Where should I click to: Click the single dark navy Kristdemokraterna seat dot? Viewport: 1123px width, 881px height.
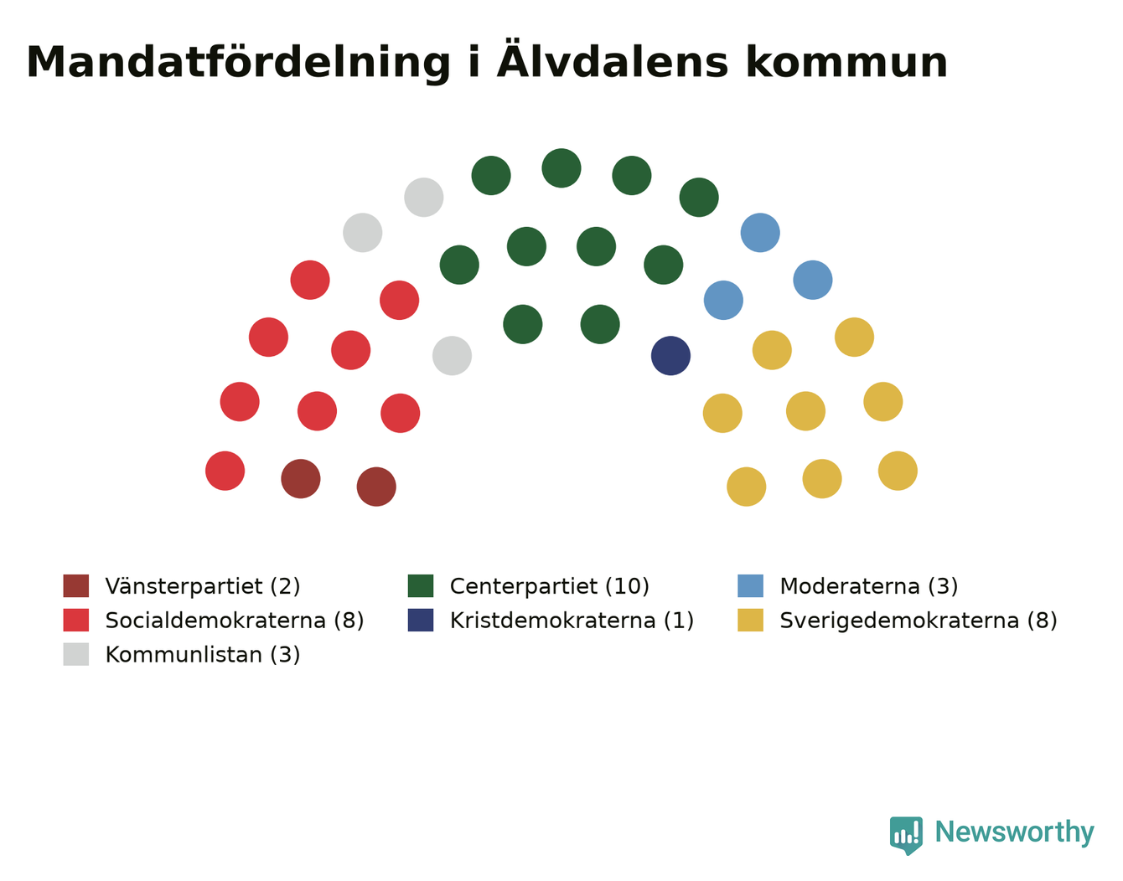[x=670, y=356]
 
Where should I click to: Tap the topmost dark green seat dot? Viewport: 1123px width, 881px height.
[x=561, y=168]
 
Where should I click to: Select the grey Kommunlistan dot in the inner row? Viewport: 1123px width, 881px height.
[x=453, y=356]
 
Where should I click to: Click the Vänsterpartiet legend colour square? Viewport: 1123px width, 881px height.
[x=76, y=585]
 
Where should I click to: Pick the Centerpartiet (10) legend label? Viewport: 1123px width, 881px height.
[x=550, y=586]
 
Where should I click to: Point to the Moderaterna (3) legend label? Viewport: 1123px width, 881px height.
[x=869, y=586]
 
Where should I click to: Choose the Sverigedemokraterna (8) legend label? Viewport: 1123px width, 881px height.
[x=919, y=621]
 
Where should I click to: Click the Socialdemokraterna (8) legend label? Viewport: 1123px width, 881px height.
[x=235, y=621]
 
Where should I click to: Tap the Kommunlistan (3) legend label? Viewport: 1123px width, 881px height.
[x=203, y=655]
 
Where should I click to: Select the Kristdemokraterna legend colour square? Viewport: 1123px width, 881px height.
[x=421, y=620]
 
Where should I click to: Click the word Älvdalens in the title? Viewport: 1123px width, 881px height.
[x=613, y=61]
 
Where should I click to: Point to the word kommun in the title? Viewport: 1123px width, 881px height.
[x=847, y=62]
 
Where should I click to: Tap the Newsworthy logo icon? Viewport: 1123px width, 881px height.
[x=906, y=836]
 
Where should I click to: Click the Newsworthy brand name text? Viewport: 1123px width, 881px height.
[x=1015, y=832]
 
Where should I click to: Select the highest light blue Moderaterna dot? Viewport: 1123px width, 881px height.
[x=760, y=232]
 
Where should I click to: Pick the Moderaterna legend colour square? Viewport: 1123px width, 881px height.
[x=750, y=585]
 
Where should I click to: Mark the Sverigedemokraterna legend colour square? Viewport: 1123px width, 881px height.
[x=750, y=620]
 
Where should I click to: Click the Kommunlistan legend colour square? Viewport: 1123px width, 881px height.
[x=76, y=654]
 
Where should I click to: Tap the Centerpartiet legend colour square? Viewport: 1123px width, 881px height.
[x=421, y=585]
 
